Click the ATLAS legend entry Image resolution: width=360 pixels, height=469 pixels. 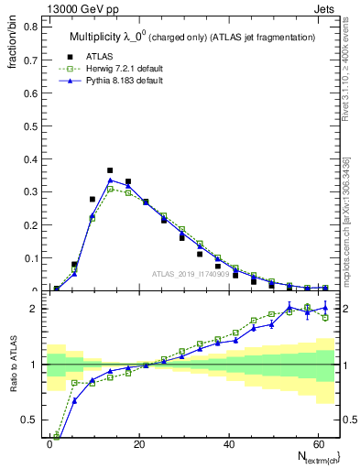[99, 54]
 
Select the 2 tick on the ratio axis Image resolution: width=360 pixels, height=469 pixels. [35, 309]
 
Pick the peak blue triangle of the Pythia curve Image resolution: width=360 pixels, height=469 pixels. [110, 180]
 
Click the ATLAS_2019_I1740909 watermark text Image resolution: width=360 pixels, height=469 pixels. [192, 274]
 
